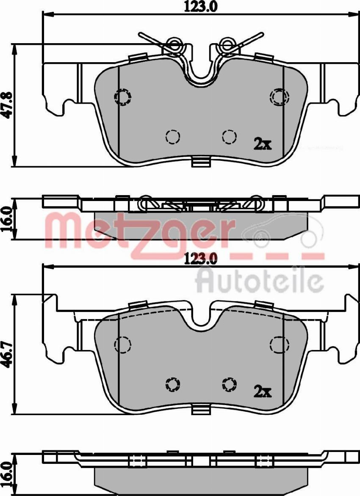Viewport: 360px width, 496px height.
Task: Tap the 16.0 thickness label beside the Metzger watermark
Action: point(7,219)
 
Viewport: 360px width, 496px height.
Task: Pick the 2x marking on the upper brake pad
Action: point(262,144)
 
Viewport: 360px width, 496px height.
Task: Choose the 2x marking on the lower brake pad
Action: point(262,391)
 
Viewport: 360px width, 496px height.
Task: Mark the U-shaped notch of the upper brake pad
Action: point(201,72)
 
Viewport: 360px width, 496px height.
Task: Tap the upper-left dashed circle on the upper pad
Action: point(123,97)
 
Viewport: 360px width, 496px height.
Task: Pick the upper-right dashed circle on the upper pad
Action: point(279,97)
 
